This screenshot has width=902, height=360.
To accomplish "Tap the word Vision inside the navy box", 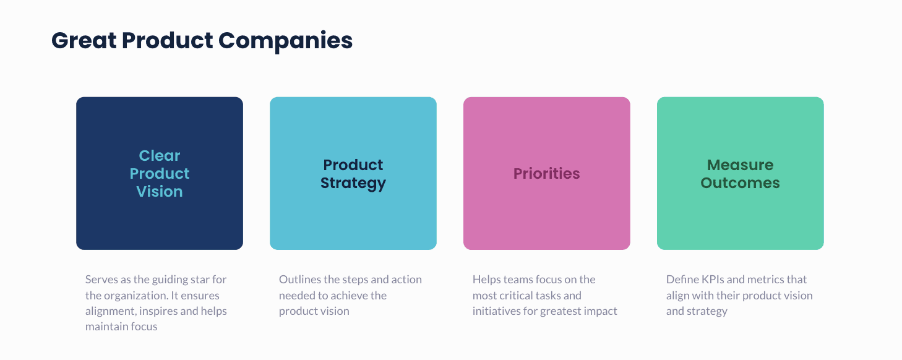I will [x=160, y=192].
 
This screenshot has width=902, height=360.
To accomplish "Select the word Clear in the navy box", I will [x=160, y=156].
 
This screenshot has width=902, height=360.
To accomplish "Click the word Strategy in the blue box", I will [x=353, y=183].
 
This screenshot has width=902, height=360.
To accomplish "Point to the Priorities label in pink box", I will [x=547, y=174].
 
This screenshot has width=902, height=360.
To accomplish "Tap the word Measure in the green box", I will [x=740, y=165].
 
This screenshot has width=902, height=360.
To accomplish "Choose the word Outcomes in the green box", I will [x=740, y=183].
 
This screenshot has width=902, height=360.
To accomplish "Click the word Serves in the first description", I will [x=100, y=280].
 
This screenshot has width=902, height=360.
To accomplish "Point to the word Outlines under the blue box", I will [x=299, y=280].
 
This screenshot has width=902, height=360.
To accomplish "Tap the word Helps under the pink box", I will [x=487, y=280].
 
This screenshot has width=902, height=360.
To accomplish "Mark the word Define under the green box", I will [x=681, y=280].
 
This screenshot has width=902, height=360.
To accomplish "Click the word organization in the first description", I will [x=134, y=296].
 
